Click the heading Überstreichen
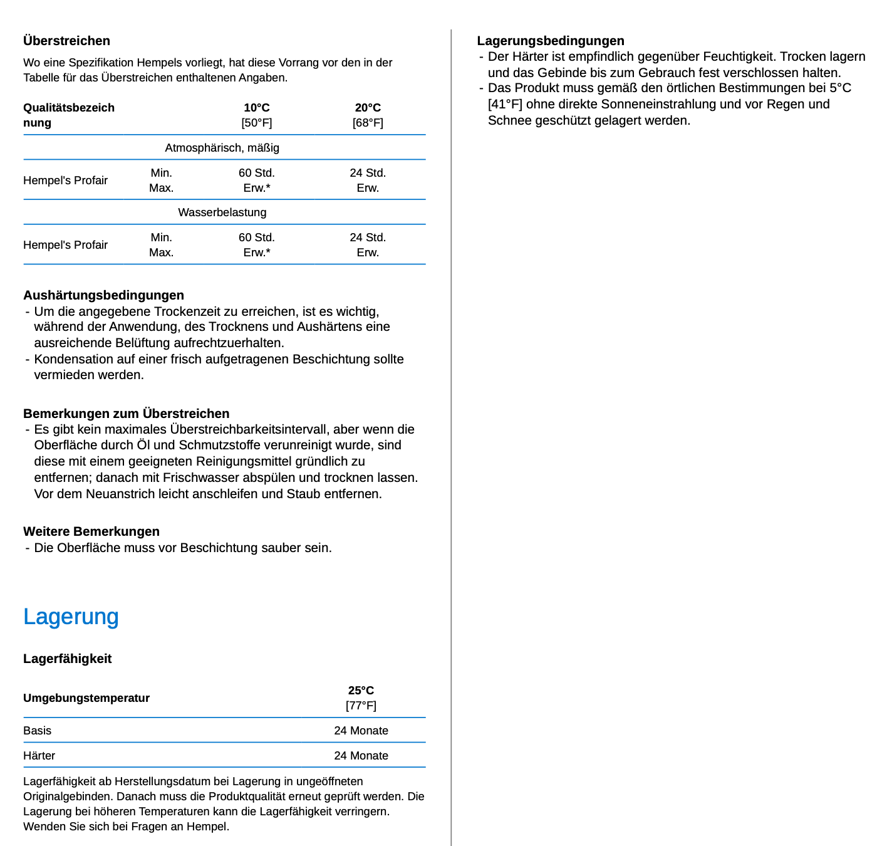click(x=66, y=41)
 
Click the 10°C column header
click(x=256, y=108)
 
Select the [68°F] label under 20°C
click(x=368, y=123)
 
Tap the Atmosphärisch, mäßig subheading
click(x=222, y=148)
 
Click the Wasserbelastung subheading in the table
click(x=222, y=212)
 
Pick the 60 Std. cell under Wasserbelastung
click(x=256, y=238)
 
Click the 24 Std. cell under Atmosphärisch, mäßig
click(x=368, y=173)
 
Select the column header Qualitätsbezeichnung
click(x=68, y=115)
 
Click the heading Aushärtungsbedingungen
click(x=103, y=295)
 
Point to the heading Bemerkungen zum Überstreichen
click(x=126, y=414)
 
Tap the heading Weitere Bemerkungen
click(x=91, y=531)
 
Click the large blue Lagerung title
click(x=71, y=617)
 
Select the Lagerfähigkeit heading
click(x=67, y=659)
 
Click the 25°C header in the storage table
click(x=361, y=691)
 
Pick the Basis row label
click(x=37, y=731)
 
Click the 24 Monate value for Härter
click(x=361, y=756)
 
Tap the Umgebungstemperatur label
click(x=86, y=698)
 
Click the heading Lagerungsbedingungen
click(x=550, y=41)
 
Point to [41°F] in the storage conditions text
click(x=505, y=104)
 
